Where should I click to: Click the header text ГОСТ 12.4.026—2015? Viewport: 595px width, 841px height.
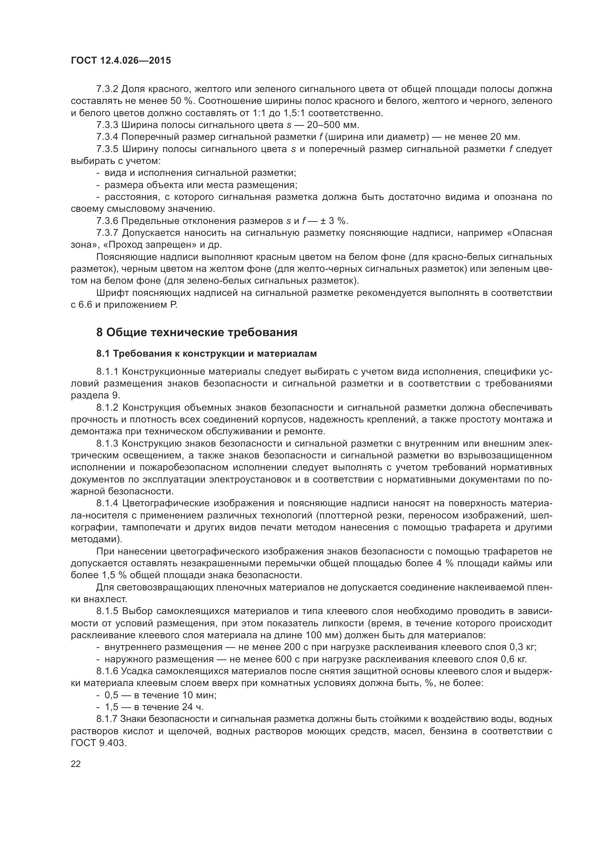point(121,61)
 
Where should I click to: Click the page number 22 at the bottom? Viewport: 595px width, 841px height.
point(76,764)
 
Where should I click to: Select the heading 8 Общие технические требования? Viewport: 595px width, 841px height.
point(197,333)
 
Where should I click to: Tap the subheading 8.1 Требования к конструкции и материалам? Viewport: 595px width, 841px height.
point(206,354)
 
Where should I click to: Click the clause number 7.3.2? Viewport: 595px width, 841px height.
point(107,89)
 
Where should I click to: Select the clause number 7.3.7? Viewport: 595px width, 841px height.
point(107,233)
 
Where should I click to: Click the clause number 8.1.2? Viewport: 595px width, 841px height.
point(107,408)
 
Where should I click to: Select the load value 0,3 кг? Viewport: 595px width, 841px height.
point(523,647)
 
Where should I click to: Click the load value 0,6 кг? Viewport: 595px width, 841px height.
point(513,659)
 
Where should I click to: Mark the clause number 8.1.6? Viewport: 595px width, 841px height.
point(107,671)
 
